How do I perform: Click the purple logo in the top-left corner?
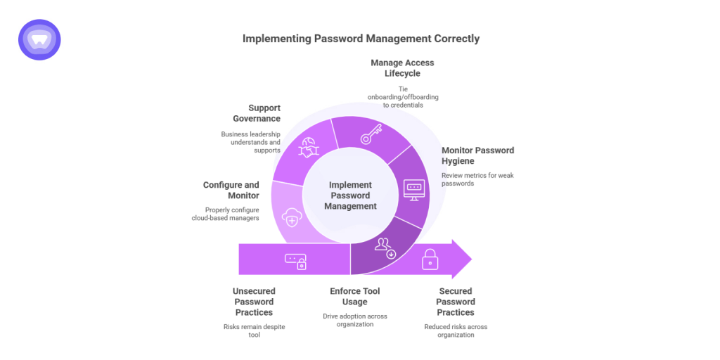point(39,39)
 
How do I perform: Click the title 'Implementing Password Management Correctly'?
point(361,39)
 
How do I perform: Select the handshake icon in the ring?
point(309,148)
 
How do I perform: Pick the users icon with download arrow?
point(385,247)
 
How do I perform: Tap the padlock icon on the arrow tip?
point(430,259)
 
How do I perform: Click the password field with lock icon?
point(295,261)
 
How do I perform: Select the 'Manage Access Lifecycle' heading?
point(402,67)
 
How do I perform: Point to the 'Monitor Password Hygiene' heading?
point(477,155)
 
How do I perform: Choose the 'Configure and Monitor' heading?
point(231,191)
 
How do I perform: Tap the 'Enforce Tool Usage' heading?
point(354,296)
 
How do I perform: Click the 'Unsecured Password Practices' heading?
point(253,302)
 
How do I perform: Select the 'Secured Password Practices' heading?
point(455,302)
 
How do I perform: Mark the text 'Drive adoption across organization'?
point(354,321)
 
